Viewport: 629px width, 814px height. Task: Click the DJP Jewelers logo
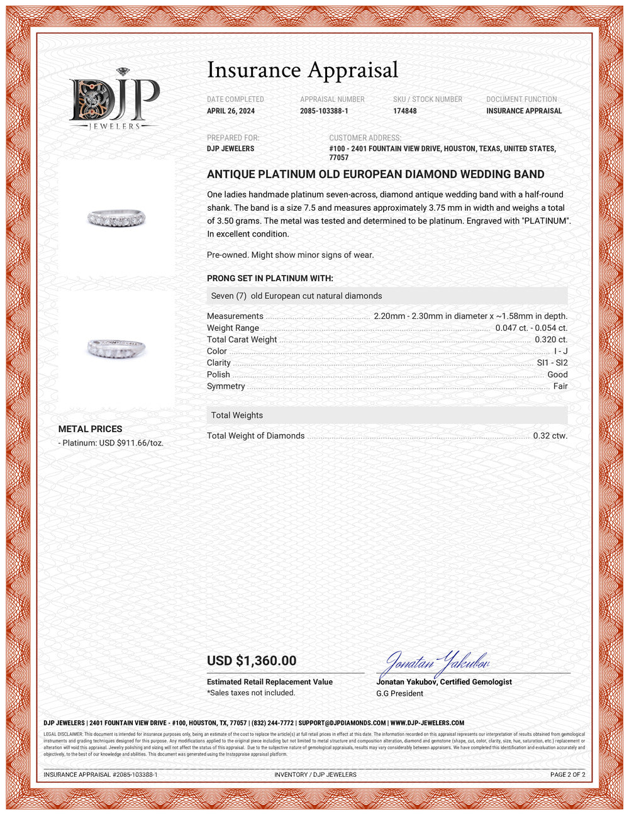(x=114, y=100)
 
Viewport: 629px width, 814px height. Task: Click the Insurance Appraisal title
(x=303, y=70)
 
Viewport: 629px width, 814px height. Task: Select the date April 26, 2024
(x=231, y=111)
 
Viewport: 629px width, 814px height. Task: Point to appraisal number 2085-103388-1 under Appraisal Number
(x=324, y=111)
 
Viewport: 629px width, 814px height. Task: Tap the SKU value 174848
(x=405, y=111)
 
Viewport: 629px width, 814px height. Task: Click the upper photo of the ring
(x=116, y=217)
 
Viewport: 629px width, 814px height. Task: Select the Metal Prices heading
(x=91, y=429)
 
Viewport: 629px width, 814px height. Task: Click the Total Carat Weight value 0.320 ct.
(x=551, y=340)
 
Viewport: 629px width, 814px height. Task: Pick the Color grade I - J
(x=560, y=351)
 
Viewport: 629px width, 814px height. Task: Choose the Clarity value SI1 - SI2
(x=552, y=363)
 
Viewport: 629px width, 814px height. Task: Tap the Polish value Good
(x=557, y=374)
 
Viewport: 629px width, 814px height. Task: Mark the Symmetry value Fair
(x=560, y=386)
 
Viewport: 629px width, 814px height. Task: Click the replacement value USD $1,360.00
(x=252, y=661)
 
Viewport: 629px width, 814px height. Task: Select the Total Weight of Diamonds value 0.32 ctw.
(x=550, y=436)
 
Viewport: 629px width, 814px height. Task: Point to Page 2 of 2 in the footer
(x=567, y=774)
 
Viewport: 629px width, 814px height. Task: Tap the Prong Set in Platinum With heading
(x=270, y=278)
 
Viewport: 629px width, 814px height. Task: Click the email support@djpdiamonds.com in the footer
(x=342, y=723)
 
